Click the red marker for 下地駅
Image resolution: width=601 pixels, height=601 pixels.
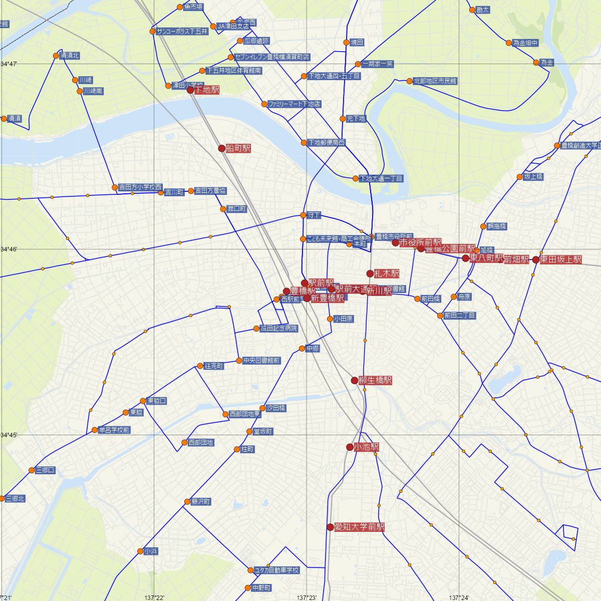coord(190,90)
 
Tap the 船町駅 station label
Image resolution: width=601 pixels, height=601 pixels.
coord(238,148)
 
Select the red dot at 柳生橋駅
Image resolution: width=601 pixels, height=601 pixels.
coord(355,381)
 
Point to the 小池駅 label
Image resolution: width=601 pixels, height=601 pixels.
coord(366,447)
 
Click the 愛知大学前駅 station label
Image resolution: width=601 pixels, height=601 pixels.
coord(359,527)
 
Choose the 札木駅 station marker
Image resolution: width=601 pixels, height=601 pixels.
coord(370,273)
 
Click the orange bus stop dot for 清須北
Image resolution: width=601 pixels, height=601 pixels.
coord(56,56)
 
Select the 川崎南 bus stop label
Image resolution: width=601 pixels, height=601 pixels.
coord(93,91)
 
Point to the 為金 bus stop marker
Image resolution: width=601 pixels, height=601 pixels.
coord(536,63)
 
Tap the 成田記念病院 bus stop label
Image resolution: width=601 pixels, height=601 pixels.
coord(278,329)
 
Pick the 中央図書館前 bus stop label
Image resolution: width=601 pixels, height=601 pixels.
coord(261,361)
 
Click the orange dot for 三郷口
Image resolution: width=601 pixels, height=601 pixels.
coord(32,470)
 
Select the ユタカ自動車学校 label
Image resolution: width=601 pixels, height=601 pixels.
coord(277,570)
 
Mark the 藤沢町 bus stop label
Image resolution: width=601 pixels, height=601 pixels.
coord(201,501)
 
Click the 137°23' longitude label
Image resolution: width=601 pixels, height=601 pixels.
coord(306,597)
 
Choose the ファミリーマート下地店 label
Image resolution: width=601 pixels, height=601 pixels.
coord(294,104)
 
